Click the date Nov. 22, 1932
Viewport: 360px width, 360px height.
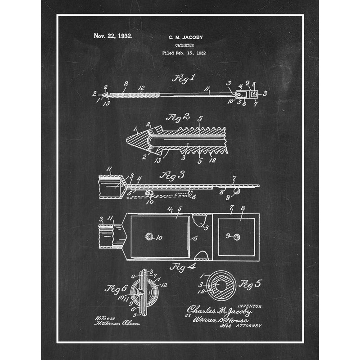[113, 36]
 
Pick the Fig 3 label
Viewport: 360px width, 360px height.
[172, 175]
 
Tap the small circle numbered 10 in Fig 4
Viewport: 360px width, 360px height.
[148, 236]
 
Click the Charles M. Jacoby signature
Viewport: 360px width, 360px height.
[220, 310]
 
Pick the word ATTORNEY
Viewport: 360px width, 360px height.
[248, 325]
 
